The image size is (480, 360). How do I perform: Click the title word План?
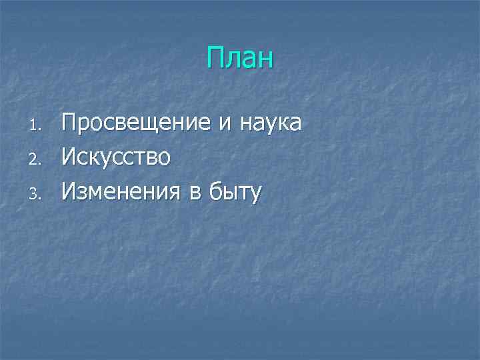click(x=240, y=58)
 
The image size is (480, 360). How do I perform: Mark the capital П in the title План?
click(x=215, y=58)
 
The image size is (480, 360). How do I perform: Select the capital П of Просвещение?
click(x=69, y=123)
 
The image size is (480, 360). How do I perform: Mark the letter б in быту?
click(x=215, y=192)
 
